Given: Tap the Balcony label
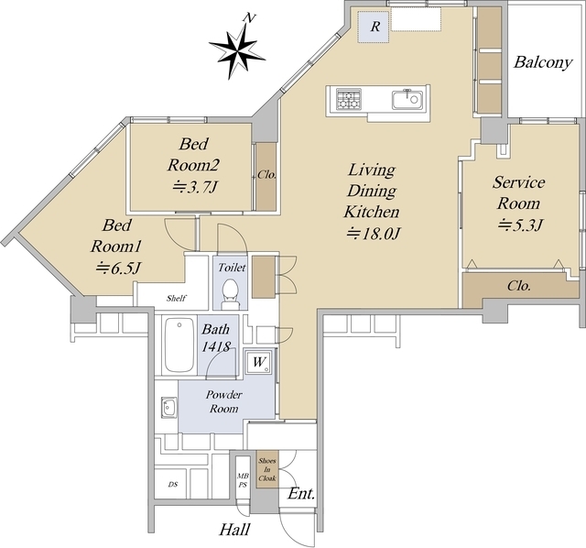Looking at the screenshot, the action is point(543,62).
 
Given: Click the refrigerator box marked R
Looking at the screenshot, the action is point(374,27).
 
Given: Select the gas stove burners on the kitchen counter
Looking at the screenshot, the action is point(349,99).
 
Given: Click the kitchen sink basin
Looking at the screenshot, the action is point(407,100).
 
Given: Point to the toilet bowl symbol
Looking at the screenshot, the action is point(230,294).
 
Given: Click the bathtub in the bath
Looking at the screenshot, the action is point(179,345).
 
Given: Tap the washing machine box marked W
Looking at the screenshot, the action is point(260,362).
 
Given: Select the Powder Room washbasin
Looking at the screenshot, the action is point(168,407).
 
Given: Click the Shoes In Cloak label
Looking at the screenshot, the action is point(267,469).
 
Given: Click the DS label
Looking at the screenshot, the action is point(173,485).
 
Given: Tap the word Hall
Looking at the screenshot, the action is point(234,530).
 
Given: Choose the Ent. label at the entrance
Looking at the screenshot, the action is point(301,494).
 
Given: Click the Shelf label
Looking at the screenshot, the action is point(177,298).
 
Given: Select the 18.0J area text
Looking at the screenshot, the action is point(374,234).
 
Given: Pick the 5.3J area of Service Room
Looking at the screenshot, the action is point(520,225).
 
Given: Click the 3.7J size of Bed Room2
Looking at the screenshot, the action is point(195,187).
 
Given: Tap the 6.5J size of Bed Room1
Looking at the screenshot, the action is point(118,268).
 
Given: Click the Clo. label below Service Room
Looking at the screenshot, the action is point(519,286).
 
